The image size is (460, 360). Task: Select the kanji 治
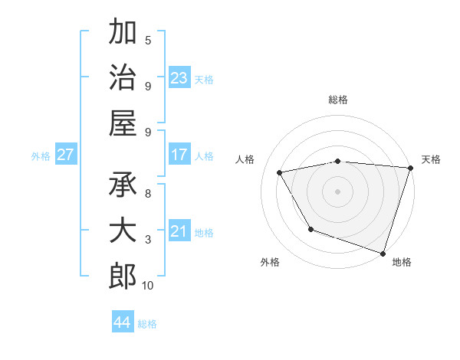point(122,78)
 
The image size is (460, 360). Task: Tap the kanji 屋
point(122,123)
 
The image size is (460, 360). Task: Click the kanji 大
point(122,232)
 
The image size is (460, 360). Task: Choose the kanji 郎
point(122,277)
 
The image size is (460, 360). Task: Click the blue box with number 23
point(179,78)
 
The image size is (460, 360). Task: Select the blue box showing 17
point(179,155)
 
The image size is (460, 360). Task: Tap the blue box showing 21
point(179,231)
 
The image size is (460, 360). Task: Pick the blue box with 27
point(65,155)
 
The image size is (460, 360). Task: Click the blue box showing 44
point(122,322)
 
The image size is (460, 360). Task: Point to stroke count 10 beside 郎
point(148,286)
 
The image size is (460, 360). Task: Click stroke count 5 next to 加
point(148,40)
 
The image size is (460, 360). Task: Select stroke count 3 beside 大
point(148,240)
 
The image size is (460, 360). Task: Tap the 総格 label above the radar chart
point(338,100)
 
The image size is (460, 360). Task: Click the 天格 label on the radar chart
point(431,159)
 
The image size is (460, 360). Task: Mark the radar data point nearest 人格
point(280,173)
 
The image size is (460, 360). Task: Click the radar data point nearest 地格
point(383,253)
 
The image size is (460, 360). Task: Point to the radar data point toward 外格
point(310,229)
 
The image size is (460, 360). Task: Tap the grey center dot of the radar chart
point(338,191)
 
